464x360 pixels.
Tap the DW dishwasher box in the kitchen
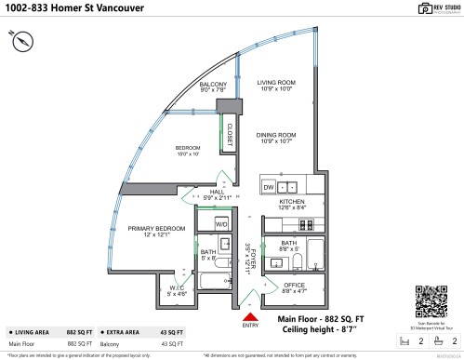tap(268, 187)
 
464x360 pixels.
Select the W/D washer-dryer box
tap(222, 224)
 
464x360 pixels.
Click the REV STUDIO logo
tap(429, 9)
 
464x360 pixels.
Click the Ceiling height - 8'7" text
tap(321, 330)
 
